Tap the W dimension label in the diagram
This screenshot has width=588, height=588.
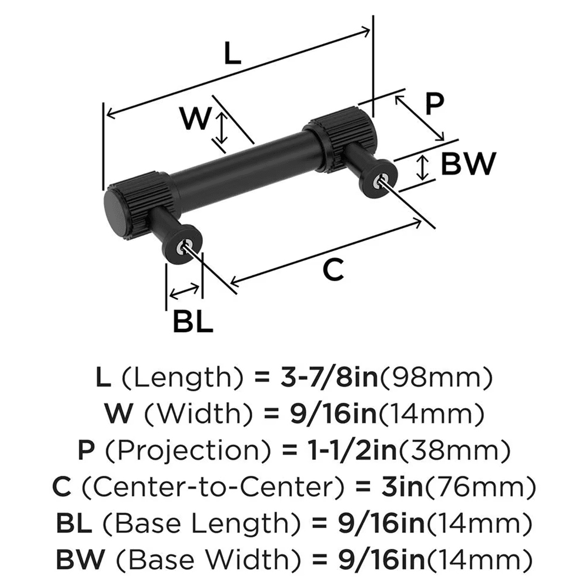(x=195, y=120)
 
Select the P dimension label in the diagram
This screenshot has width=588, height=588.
(x=433, y=105)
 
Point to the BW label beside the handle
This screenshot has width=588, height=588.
(x=469, y=164)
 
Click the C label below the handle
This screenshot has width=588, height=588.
(x=333, y=270)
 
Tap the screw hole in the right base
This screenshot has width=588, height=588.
(x=383, y=181)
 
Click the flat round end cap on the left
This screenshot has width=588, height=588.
(x=112, y=211)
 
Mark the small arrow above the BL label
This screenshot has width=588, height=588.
(x=184, y=290)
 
